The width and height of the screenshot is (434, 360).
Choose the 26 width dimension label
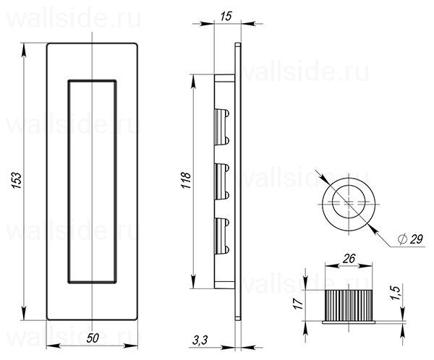pos(348,258)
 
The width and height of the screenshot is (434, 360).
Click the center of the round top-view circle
pos(349,202)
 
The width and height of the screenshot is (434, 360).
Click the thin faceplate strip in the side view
pos(238,181)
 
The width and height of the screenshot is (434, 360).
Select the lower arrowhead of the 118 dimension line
pos(194,283)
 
